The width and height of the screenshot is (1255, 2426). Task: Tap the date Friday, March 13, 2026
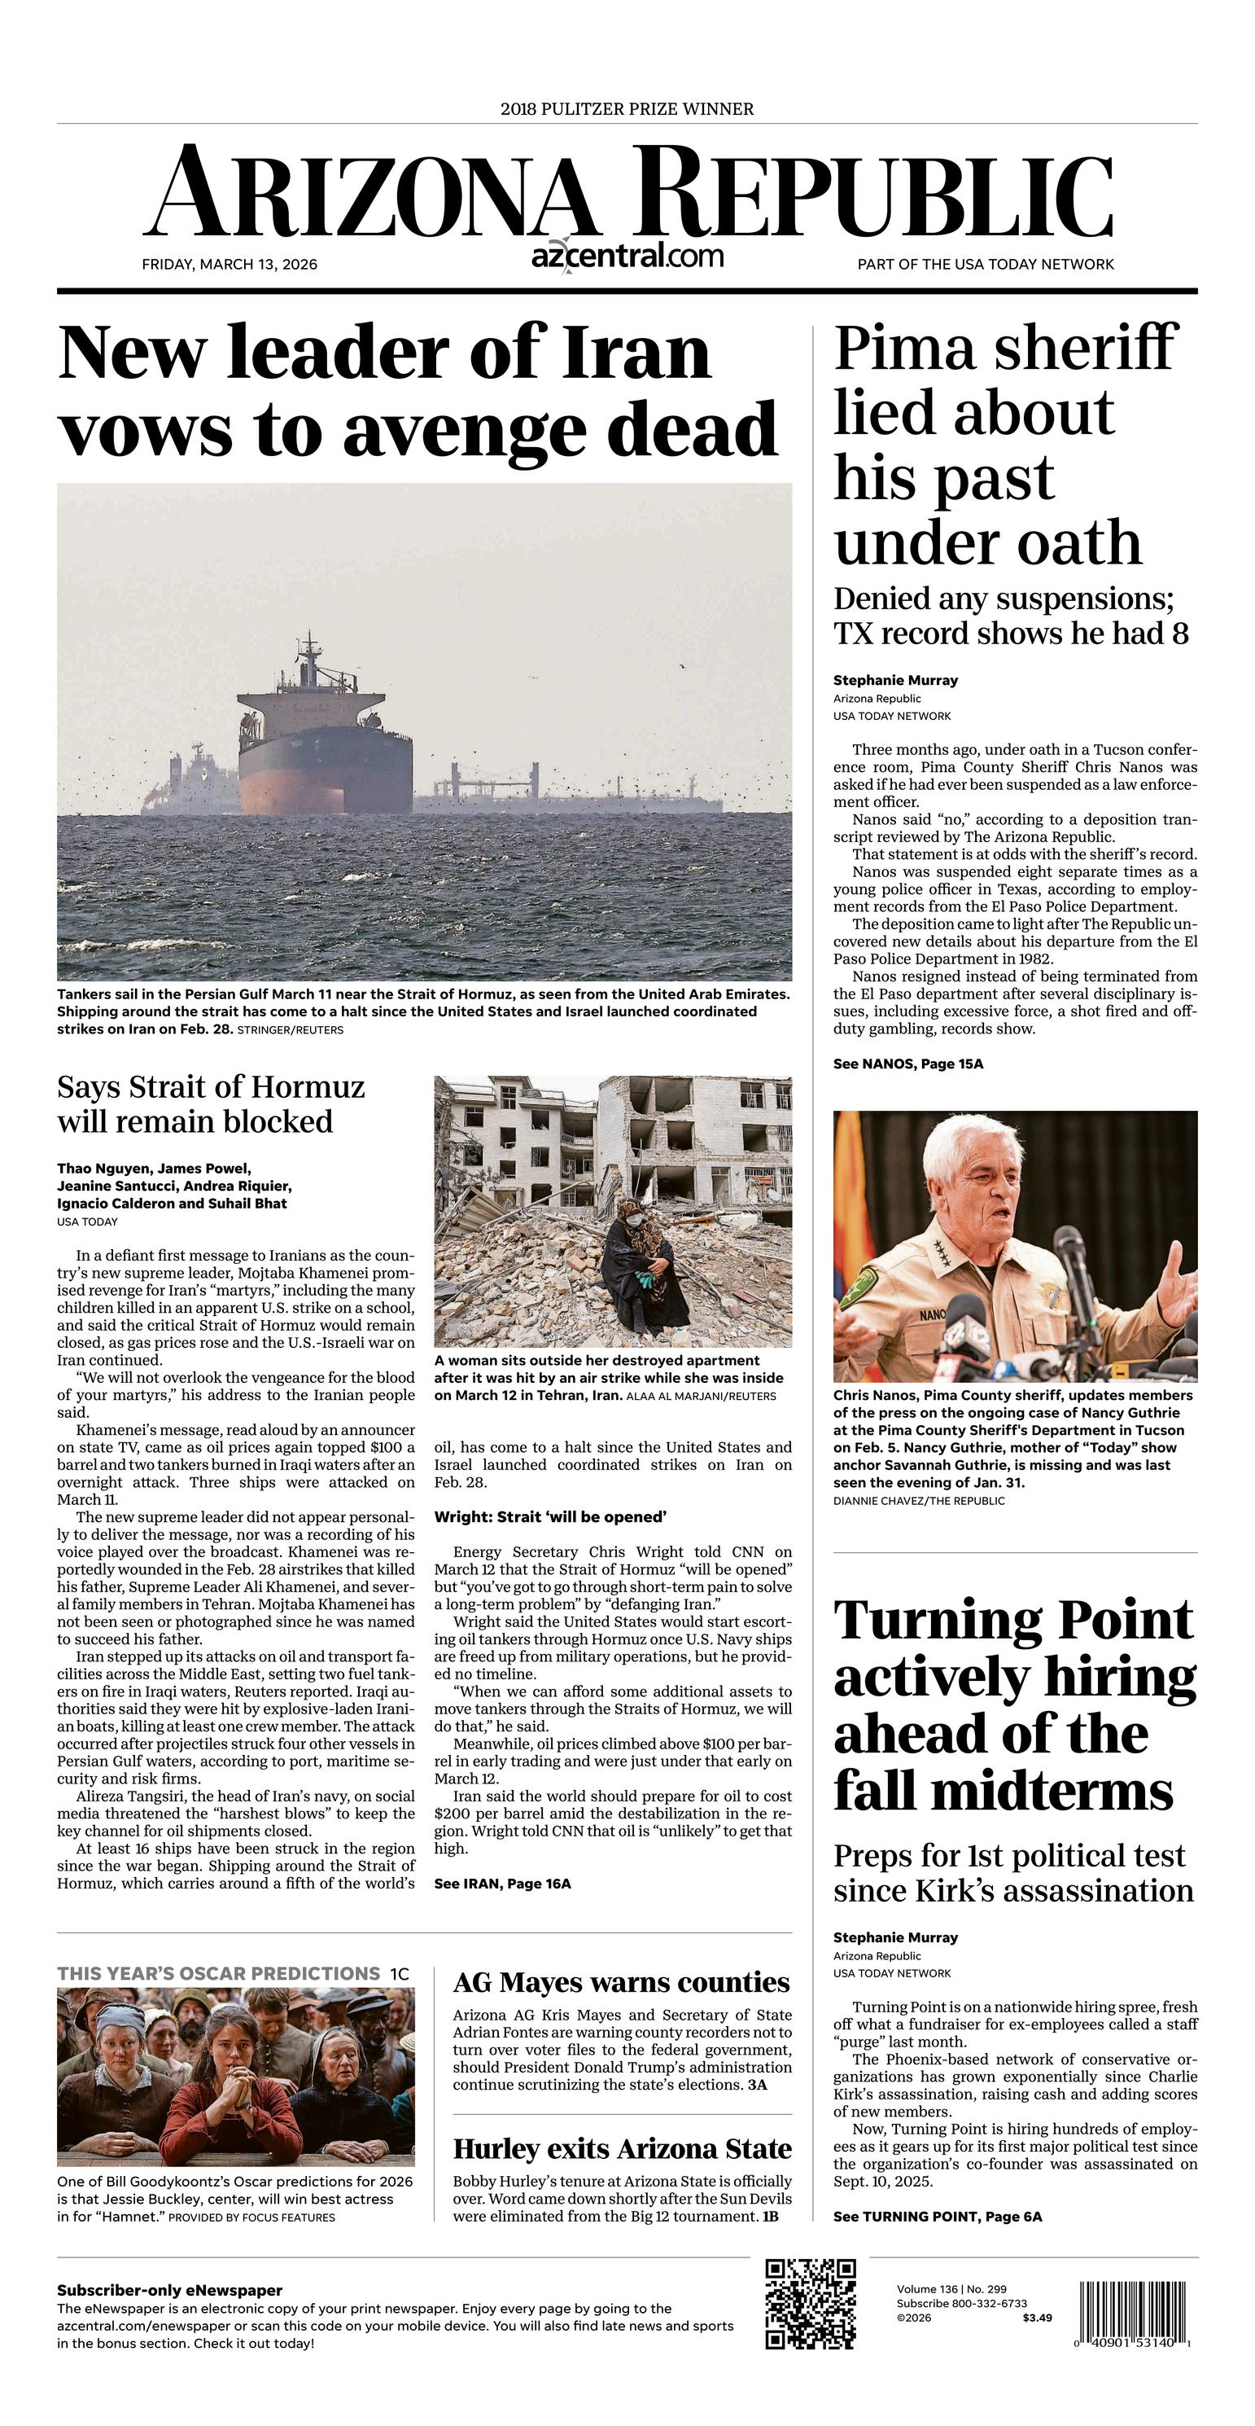(x=230, y=265)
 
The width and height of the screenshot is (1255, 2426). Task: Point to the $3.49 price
(x=1037, y=2318)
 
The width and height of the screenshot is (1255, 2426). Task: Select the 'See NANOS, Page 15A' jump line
(x=907, y=1064)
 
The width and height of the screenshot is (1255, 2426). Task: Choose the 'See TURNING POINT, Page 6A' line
(x=937, y=2217)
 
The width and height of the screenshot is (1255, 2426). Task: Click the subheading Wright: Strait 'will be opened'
(x=550, y=1517)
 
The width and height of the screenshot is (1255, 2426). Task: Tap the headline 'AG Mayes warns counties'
(x=620, y=1982)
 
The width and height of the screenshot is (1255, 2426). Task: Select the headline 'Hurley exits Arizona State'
(x=621, y=2149)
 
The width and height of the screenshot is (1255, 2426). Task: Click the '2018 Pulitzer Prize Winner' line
(x=627, y=109)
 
